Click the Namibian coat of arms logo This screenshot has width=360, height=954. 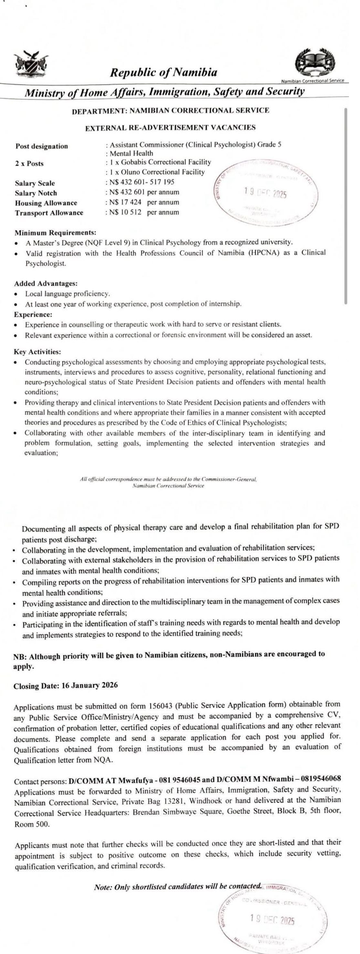(x=31, y=64)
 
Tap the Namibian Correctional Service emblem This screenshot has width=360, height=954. (x=315, y=63)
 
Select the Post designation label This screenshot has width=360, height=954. (x=42, y=146)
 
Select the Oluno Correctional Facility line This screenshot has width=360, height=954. (x=157, y=172)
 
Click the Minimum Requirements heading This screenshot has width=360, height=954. (x=55, y=233)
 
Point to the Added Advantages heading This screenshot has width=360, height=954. (x=46, y=283)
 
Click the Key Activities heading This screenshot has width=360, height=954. (x=38, y=351)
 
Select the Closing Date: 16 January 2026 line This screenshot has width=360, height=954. (x=66, y=685)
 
